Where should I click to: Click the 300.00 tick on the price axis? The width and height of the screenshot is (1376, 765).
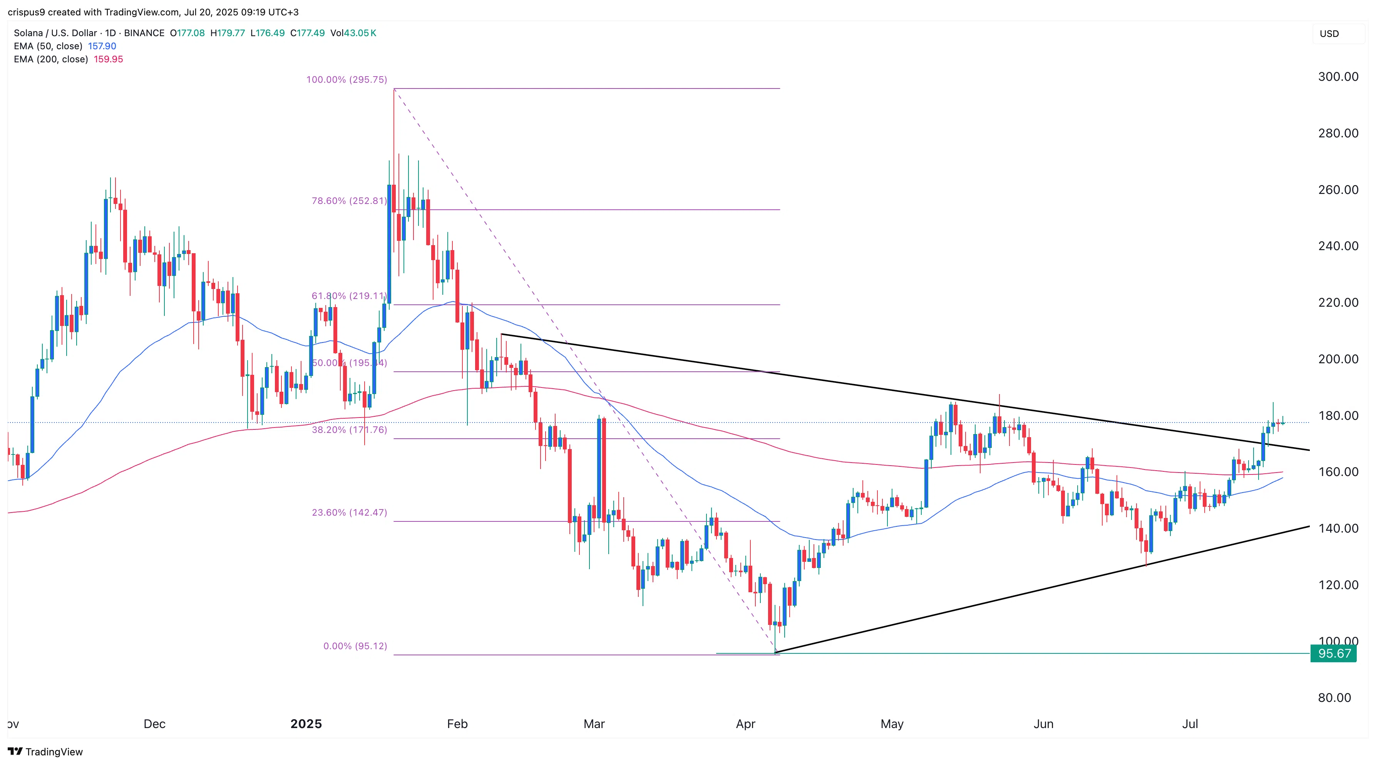(1337, 77)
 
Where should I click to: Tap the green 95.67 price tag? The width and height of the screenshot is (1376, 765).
(1333, 653)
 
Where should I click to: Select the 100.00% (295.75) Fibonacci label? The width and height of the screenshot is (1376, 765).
(346, 80)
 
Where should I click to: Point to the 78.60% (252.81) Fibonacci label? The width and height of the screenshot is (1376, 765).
(349, 201)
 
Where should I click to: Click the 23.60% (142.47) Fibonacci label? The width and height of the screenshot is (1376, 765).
(349, 513)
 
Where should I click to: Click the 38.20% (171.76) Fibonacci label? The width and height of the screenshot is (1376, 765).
(349, 430)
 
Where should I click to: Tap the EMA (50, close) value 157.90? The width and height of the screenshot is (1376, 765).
(102, 46)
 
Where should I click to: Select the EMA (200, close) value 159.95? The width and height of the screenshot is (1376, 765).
(109, 59)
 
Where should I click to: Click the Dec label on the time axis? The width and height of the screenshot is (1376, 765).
(154, 724)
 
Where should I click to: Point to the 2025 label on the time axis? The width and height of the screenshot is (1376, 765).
(306, 724)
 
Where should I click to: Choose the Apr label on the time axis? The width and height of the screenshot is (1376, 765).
(746, 724)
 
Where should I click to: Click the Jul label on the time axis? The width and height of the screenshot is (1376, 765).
(1190, 724)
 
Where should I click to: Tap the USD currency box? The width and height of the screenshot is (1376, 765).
(1329, 33)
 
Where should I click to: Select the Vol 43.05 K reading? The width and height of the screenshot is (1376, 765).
(353, 33)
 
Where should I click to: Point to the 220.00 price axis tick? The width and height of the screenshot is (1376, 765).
(1337, 303)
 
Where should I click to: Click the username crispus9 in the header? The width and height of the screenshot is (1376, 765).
(26, 12)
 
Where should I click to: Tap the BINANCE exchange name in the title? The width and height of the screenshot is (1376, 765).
(144, 33)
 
